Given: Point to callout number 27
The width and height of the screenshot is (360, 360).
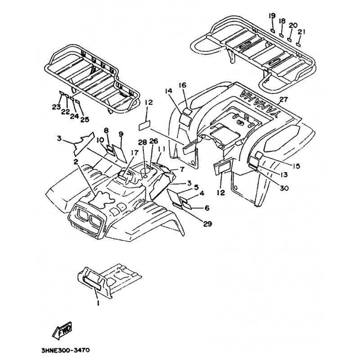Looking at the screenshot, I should click(x=283, y=100).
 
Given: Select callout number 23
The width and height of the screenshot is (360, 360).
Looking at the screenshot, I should click(x=56, y=107).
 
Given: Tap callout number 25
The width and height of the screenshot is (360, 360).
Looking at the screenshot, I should click(x=85, y=119).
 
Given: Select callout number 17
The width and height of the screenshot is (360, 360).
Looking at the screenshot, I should click(x=134, y=153).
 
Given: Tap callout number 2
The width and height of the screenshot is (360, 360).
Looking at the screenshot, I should click(x=76, y=161).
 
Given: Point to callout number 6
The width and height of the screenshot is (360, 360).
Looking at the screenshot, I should click(x=207, y=208).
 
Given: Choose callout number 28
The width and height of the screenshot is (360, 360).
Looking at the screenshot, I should click(x=143, y=142).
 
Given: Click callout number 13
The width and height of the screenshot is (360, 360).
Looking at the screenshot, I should click(x=283, y=175).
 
